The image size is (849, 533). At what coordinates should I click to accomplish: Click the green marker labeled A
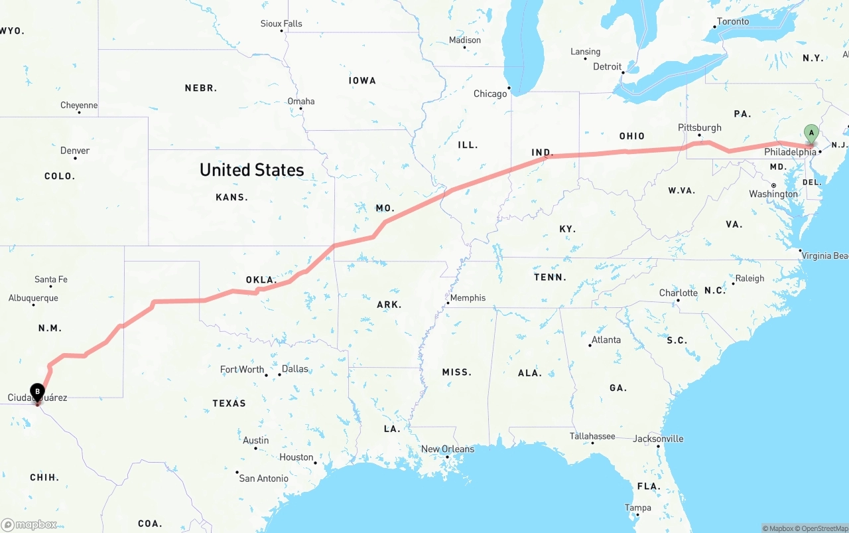tap(811, 133)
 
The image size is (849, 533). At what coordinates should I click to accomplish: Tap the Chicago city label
tap(490, 94)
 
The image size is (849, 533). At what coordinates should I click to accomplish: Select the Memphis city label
tap(468, 298)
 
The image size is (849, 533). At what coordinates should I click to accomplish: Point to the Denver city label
tap(75, 151)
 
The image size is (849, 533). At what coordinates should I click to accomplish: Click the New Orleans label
tap(448, 449)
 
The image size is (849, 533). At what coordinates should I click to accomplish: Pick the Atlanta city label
tap(606, 340)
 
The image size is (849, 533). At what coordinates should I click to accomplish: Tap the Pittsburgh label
tap(700, 127)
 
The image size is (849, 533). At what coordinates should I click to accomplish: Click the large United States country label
tap(252, 170)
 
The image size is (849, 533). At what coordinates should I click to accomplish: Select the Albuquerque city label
tap(33, 298)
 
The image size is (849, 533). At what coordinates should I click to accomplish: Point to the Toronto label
tap(733, 22)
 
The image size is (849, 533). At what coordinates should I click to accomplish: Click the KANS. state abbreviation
tap(231, 197)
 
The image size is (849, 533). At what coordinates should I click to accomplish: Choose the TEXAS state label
tap(229, 403)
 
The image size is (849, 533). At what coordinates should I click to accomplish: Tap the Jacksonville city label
tap(658, 439)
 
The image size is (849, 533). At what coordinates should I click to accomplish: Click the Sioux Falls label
tap(281, 24)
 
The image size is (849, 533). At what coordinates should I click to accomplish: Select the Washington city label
tap(773, 194)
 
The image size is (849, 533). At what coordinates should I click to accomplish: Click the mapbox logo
tap(29, 524)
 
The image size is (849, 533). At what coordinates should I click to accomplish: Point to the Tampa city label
tap(637, 508)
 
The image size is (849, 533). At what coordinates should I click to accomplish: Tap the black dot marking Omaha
tap(301, 109)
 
